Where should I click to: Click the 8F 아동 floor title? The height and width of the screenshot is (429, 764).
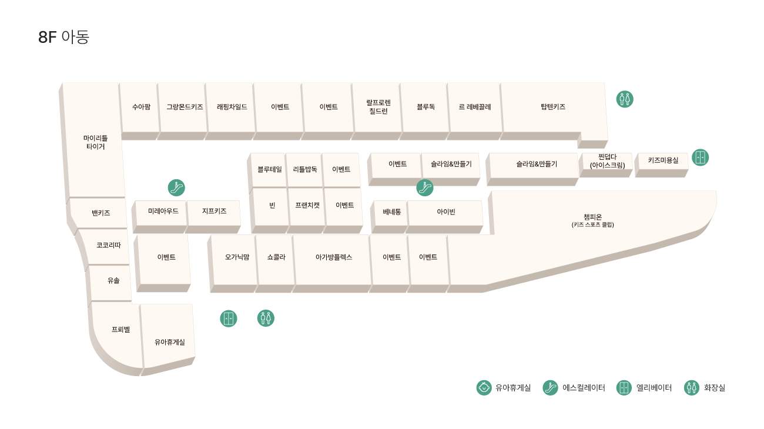64,37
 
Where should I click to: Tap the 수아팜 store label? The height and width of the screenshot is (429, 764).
141,107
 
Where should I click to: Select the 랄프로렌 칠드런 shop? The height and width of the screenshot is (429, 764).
378,107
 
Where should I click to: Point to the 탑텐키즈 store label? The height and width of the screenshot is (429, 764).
553,107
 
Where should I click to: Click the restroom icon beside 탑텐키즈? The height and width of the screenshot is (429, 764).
625,99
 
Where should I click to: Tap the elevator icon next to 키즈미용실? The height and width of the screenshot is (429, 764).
700,157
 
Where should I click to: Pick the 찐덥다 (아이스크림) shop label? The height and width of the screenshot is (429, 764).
607,161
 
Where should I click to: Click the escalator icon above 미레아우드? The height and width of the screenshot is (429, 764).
176,187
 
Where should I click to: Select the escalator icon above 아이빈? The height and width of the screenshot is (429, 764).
425,187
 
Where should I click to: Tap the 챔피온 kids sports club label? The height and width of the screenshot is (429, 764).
593,220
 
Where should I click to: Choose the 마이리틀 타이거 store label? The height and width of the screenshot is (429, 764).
95,142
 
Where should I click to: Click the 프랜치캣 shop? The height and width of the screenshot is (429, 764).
307,205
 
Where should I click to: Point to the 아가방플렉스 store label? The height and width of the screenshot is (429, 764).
334,257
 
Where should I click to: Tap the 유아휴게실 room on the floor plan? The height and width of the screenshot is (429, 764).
169,342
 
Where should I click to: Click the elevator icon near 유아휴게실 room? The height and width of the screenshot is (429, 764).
229,319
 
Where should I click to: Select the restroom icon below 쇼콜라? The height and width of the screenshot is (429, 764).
266,318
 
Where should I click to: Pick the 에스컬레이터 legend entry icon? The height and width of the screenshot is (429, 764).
550,388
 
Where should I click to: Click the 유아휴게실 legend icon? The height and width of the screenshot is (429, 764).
484,388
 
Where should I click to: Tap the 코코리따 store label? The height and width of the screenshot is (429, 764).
109,245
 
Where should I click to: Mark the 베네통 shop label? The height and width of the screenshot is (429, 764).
391,212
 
